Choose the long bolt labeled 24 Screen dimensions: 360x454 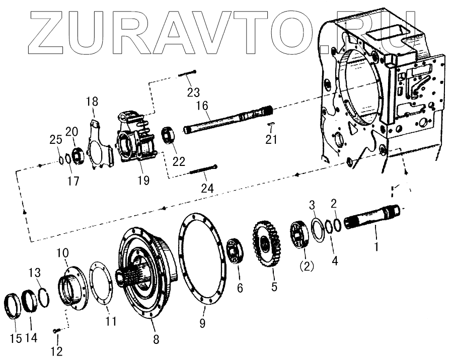coord(203,170)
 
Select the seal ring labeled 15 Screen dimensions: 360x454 coord(14,307)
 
